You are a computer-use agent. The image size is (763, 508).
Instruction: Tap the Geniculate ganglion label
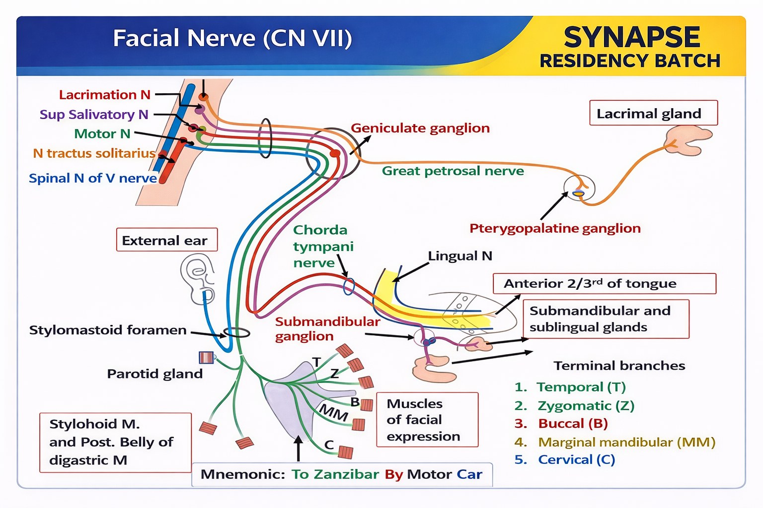420,128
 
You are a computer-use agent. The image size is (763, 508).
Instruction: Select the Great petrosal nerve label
453,171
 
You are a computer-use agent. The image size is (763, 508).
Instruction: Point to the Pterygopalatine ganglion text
555,228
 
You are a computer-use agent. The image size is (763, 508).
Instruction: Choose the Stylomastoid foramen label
108,330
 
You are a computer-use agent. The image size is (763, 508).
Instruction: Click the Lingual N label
460,256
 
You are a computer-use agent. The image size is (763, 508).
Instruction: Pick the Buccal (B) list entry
561,424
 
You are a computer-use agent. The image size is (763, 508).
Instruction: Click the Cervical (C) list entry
564,460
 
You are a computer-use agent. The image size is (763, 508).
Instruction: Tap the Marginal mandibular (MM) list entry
614,442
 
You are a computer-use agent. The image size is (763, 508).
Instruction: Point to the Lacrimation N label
105,95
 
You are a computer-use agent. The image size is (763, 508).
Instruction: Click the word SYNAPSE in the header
632,37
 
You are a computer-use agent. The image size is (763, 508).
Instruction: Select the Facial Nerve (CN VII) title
232,38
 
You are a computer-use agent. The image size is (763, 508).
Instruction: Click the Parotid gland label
154,374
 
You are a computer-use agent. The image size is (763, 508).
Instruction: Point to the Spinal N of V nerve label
93,178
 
